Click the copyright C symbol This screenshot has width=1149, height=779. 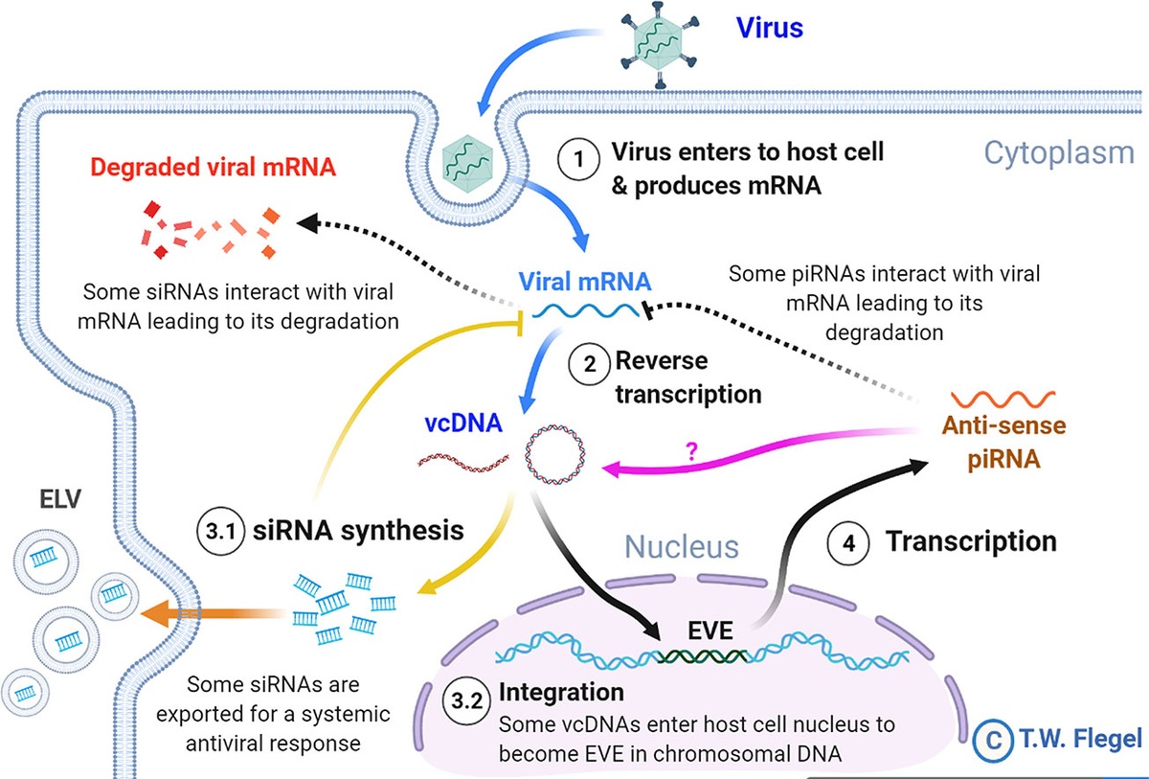point(994,739)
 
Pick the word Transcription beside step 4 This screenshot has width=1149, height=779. point(970,541)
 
